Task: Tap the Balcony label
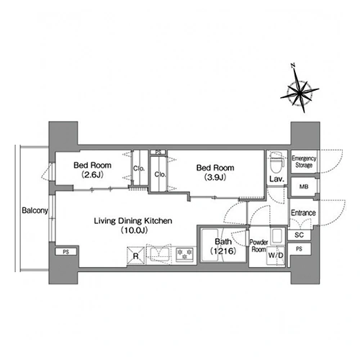click(35, 210)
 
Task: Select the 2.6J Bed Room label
click(92, 170)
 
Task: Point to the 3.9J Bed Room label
click(215, 172)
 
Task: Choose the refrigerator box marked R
click(136, 256)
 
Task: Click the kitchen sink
click(159, 254)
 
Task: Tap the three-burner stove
click(185, 254)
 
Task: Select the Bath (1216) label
click(223, 246)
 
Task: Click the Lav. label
click(276, 179)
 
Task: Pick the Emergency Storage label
click(304, 162)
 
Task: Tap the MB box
click(304, 186)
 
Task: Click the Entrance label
click(303, 212)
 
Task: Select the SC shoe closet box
click(299, 235)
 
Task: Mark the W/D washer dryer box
click(276, 256)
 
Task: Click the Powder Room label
click(258, 246)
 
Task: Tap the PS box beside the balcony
click(66, 252)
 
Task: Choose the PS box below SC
click(299, 249)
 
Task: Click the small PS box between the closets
click(158, 152)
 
